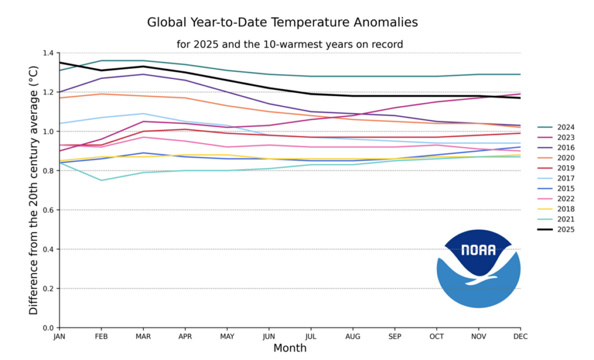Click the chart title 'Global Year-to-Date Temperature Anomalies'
click(x=282, y=23)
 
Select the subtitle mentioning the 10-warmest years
click(x=289, y=44)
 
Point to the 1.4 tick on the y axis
click(x=48, y=53)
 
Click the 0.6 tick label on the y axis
click(x=48, y=210)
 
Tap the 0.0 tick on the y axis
click(x=48, y=328)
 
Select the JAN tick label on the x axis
click(x=59, y=336)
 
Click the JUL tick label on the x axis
click(x=311, y=336)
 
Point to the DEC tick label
click(x=520, y=336)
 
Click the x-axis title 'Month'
click(x=289, y=348)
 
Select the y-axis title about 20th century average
click(x=34, y=190)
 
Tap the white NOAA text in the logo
click(x=478, y=250)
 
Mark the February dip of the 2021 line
click(x=102, y=180)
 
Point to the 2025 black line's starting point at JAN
click(x=60, y=63)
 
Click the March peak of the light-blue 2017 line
click(x=143, y=114)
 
